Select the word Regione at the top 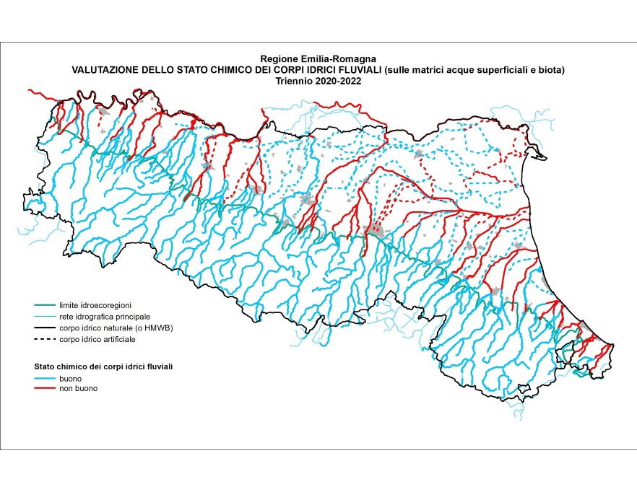click(279, 59)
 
